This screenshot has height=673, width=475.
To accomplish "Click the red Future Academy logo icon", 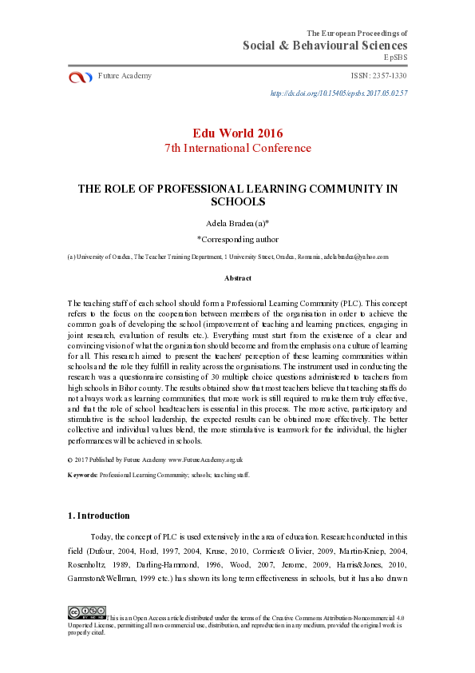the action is click(x=81, y=77).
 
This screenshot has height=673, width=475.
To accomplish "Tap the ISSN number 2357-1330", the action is click(x=379, y=76).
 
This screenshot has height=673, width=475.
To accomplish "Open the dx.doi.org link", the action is click(x=339, y=94).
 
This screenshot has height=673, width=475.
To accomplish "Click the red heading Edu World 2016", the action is click(x=237, y=133).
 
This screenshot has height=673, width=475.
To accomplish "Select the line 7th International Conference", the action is click(x=237, y=148).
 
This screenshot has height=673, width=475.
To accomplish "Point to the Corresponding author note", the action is click(x=237, y=238).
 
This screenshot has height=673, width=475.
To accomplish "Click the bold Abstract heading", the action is click(x=237, y=278).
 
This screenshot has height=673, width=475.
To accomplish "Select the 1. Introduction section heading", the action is click(x=99, y=516).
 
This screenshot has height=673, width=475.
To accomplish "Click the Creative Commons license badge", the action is click(x=87, y=612).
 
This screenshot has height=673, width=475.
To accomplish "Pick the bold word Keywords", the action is click(x=82, y=474).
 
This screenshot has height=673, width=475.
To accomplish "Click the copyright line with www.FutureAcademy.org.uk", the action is click(x=155, y=460).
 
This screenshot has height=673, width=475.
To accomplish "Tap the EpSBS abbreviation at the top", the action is click(x=396, y=58).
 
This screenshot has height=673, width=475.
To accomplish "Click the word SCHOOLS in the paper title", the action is click(x=237, y=202).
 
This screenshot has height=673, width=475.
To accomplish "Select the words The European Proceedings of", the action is click(x=357, y=33).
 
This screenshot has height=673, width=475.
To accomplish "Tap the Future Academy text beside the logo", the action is click(x=125, y=76).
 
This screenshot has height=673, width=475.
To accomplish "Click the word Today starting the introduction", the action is click(x=103, y=537).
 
